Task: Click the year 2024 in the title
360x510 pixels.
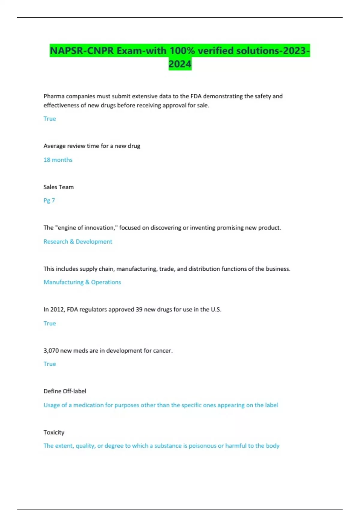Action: click(180, 64)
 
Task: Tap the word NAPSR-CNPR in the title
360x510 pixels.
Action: click(82, 51)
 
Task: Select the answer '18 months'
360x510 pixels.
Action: click(58, 160)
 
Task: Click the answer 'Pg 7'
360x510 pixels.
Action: click(49, 200)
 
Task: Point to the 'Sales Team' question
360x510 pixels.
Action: click(58, 187)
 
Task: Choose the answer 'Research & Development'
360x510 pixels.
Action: click(78, 241)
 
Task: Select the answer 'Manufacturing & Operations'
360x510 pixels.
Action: click(82, 282)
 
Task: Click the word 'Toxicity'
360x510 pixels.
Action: click(54, 432)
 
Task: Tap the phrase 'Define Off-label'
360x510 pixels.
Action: click(65, 391)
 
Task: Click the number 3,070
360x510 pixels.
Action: click(51, 350)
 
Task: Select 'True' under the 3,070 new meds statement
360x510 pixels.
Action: click(50, 364)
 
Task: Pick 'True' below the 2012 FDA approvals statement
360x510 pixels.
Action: click(50, 323)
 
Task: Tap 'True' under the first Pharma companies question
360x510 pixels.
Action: click(50, 118)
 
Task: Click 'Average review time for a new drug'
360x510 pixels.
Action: click(92, 146)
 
